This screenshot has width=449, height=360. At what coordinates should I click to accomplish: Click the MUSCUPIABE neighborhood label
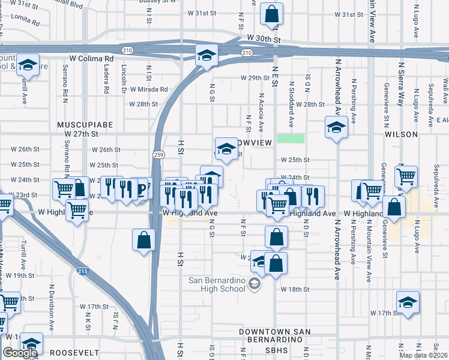point(85,124)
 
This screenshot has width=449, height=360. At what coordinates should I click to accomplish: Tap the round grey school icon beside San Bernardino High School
point(255,284)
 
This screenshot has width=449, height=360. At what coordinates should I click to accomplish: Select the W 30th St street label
point(264,39)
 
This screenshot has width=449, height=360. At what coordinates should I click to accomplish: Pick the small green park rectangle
point(291,139)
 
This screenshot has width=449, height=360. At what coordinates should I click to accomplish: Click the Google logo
point(20,353)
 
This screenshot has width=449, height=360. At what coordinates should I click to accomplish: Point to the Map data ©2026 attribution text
point(422,355)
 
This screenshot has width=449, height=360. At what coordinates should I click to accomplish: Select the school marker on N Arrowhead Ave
point(336,127)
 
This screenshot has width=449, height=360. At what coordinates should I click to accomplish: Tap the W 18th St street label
point(295,289)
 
